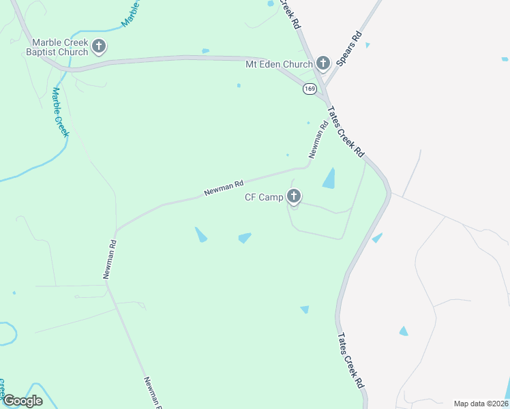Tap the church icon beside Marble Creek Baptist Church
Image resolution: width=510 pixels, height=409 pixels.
coord(99,46)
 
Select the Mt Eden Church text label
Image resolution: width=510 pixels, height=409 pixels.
coord(278,64)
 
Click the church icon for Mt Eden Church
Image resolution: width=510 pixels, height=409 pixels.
coord(323,64)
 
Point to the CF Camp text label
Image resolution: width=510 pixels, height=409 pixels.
coord(264,198)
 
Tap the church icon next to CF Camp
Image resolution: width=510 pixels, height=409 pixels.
coord(295,198)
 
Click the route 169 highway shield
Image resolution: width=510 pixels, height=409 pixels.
coord(310,89)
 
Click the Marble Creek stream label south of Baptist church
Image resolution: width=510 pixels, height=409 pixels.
coord(61,112)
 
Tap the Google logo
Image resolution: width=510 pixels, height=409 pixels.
coord(22,401)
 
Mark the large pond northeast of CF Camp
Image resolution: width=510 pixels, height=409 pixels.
coord(329,179)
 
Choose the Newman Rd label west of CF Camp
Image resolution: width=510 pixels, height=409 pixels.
coord(224,189)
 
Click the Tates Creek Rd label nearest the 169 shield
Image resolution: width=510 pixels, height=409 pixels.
coord(346,132)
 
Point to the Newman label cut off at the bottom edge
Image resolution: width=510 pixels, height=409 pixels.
coord(153,393)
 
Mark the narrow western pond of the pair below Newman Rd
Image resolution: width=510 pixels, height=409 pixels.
coord(201,234)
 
